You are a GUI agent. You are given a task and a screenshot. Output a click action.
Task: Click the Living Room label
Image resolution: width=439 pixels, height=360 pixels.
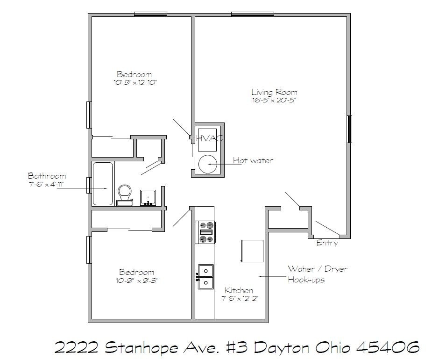point(274,92)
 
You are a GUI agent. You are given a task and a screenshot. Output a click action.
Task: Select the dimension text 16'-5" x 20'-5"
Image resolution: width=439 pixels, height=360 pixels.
point(274,100)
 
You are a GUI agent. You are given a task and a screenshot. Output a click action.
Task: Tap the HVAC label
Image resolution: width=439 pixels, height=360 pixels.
point(209,138)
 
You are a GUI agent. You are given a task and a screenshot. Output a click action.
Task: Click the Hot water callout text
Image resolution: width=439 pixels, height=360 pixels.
point(253,161)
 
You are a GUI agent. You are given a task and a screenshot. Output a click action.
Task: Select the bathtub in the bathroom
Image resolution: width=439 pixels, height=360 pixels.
point(103,183)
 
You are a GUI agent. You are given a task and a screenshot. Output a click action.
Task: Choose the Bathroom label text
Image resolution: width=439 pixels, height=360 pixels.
point(47,176)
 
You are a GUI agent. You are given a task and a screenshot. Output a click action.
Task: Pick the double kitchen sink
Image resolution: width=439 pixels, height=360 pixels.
point(205,276)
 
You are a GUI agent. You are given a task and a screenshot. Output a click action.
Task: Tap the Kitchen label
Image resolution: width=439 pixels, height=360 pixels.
point(239,290)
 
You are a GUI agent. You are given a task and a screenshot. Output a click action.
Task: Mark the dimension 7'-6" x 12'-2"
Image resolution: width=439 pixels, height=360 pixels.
point(240,298)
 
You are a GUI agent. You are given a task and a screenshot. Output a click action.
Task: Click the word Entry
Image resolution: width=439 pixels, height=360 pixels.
point(327,243)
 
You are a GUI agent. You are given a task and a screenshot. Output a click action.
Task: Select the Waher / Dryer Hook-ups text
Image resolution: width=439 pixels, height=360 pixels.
point(317,274)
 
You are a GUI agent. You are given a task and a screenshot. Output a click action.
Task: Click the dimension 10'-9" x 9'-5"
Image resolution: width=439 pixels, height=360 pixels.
point(137,280)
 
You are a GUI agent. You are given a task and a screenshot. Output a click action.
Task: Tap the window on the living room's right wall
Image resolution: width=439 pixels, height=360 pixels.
point(349,129)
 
